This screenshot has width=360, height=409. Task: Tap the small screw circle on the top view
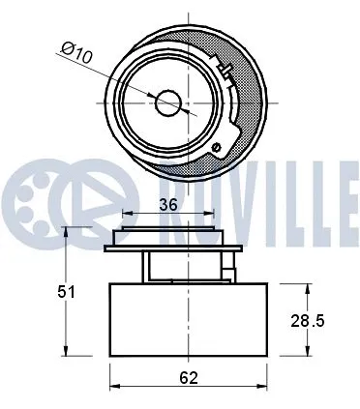pos(218,148)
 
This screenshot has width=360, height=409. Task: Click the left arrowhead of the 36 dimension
pos(126,216)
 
